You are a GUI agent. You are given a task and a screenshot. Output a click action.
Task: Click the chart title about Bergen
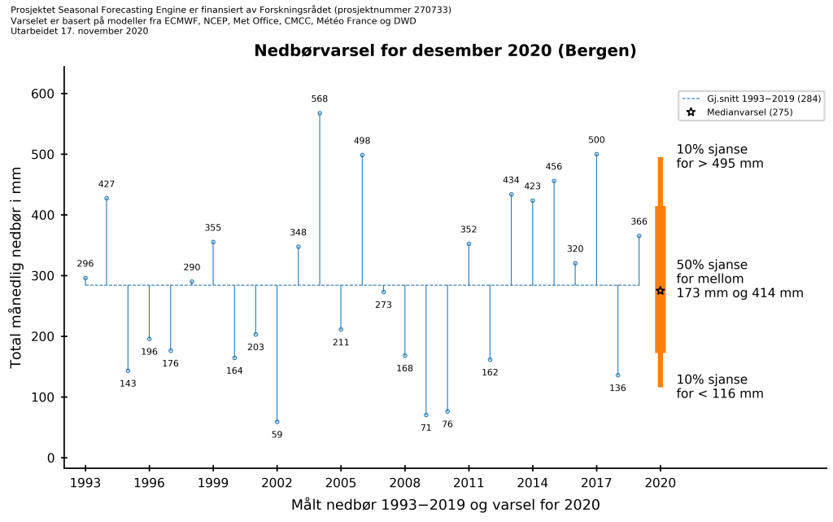pos(445,50)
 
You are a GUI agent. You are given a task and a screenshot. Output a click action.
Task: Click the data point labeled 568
pos(320,113)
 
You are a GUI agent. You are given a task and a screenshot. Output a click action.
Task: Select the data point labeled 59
pos(277,422)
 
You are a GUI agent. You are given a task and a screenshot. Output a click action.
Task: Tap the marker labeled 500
pos(596,154)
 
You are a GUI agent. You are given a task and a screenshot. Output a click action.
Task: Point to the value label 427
pos(107,184)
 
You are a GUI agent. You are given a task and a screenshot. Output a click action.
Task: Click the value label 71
pos(425,428)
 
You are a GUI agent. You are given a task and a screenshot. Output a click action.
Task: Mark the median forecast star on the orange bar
pos(661,291)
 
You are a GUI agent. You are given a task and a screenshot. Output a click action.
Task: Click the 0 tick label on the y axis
pos(50,458)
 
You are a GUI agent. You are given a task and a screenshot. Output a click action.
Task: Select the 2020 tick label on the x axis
pos(661,482)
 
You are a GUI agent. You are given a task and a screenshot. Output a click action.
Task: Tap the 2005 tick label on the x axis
pos(341,482)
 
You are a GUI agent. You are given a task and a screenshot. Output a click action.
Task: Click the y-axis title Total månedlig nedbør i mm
pos(16,275)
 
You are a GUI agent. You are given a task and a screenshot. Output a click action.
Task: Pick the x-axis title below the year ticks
pos(445,505)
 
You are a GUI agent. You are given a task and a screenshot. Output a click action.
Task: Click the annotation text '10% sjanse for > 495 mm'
pos(720,156)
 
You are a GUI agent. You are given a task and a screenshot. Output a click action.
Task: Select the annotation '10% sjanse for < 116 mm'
pos(720,387)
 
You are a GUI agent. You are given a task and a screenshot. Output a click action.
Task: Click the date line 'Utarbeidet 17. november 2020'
pos(80,31)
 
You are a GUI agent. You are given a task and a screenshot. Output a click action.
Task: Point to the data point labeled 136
pos(618,375)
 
